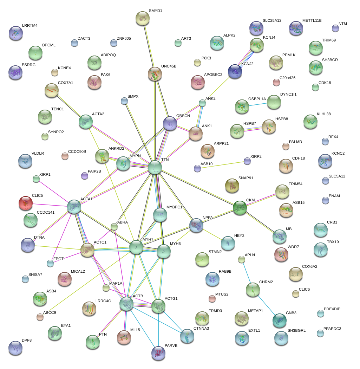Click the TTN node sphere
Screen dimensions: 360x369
click(x=155, y=167)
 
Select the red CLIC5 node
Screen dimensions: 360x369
click(x=25, y=203)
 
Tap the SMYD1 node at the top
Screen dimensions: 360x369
click(x=143, y=18)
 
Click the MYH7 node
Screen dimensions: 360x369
click(x=136, y=247)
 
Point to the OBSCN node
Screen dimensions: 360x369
click(x=170, y=123)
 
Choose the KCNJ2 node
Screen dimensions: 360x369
click(x=235, y=71)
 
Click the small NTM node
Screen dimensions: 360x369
click(x=335, y=28)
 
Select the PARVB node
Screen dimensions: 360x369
click(x=158, y=353)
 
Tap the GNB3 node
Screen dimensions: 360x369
click(x=279, y=320)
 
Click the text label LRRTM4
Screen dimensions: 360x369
click(x=30, y=26)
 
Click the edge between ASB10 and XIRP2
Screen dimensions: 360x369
click(x=222, y=165)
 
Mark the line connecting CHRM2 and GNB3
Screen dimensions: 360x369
click(x=266, y=304)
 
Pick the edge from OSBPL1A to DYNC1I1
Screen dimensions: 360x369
click(x=258, y=104)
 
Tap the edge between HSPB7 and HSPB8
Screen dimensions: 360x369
click(x=253, y=129)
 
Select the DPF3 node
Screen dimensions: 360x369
click(x=15, y=348)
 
